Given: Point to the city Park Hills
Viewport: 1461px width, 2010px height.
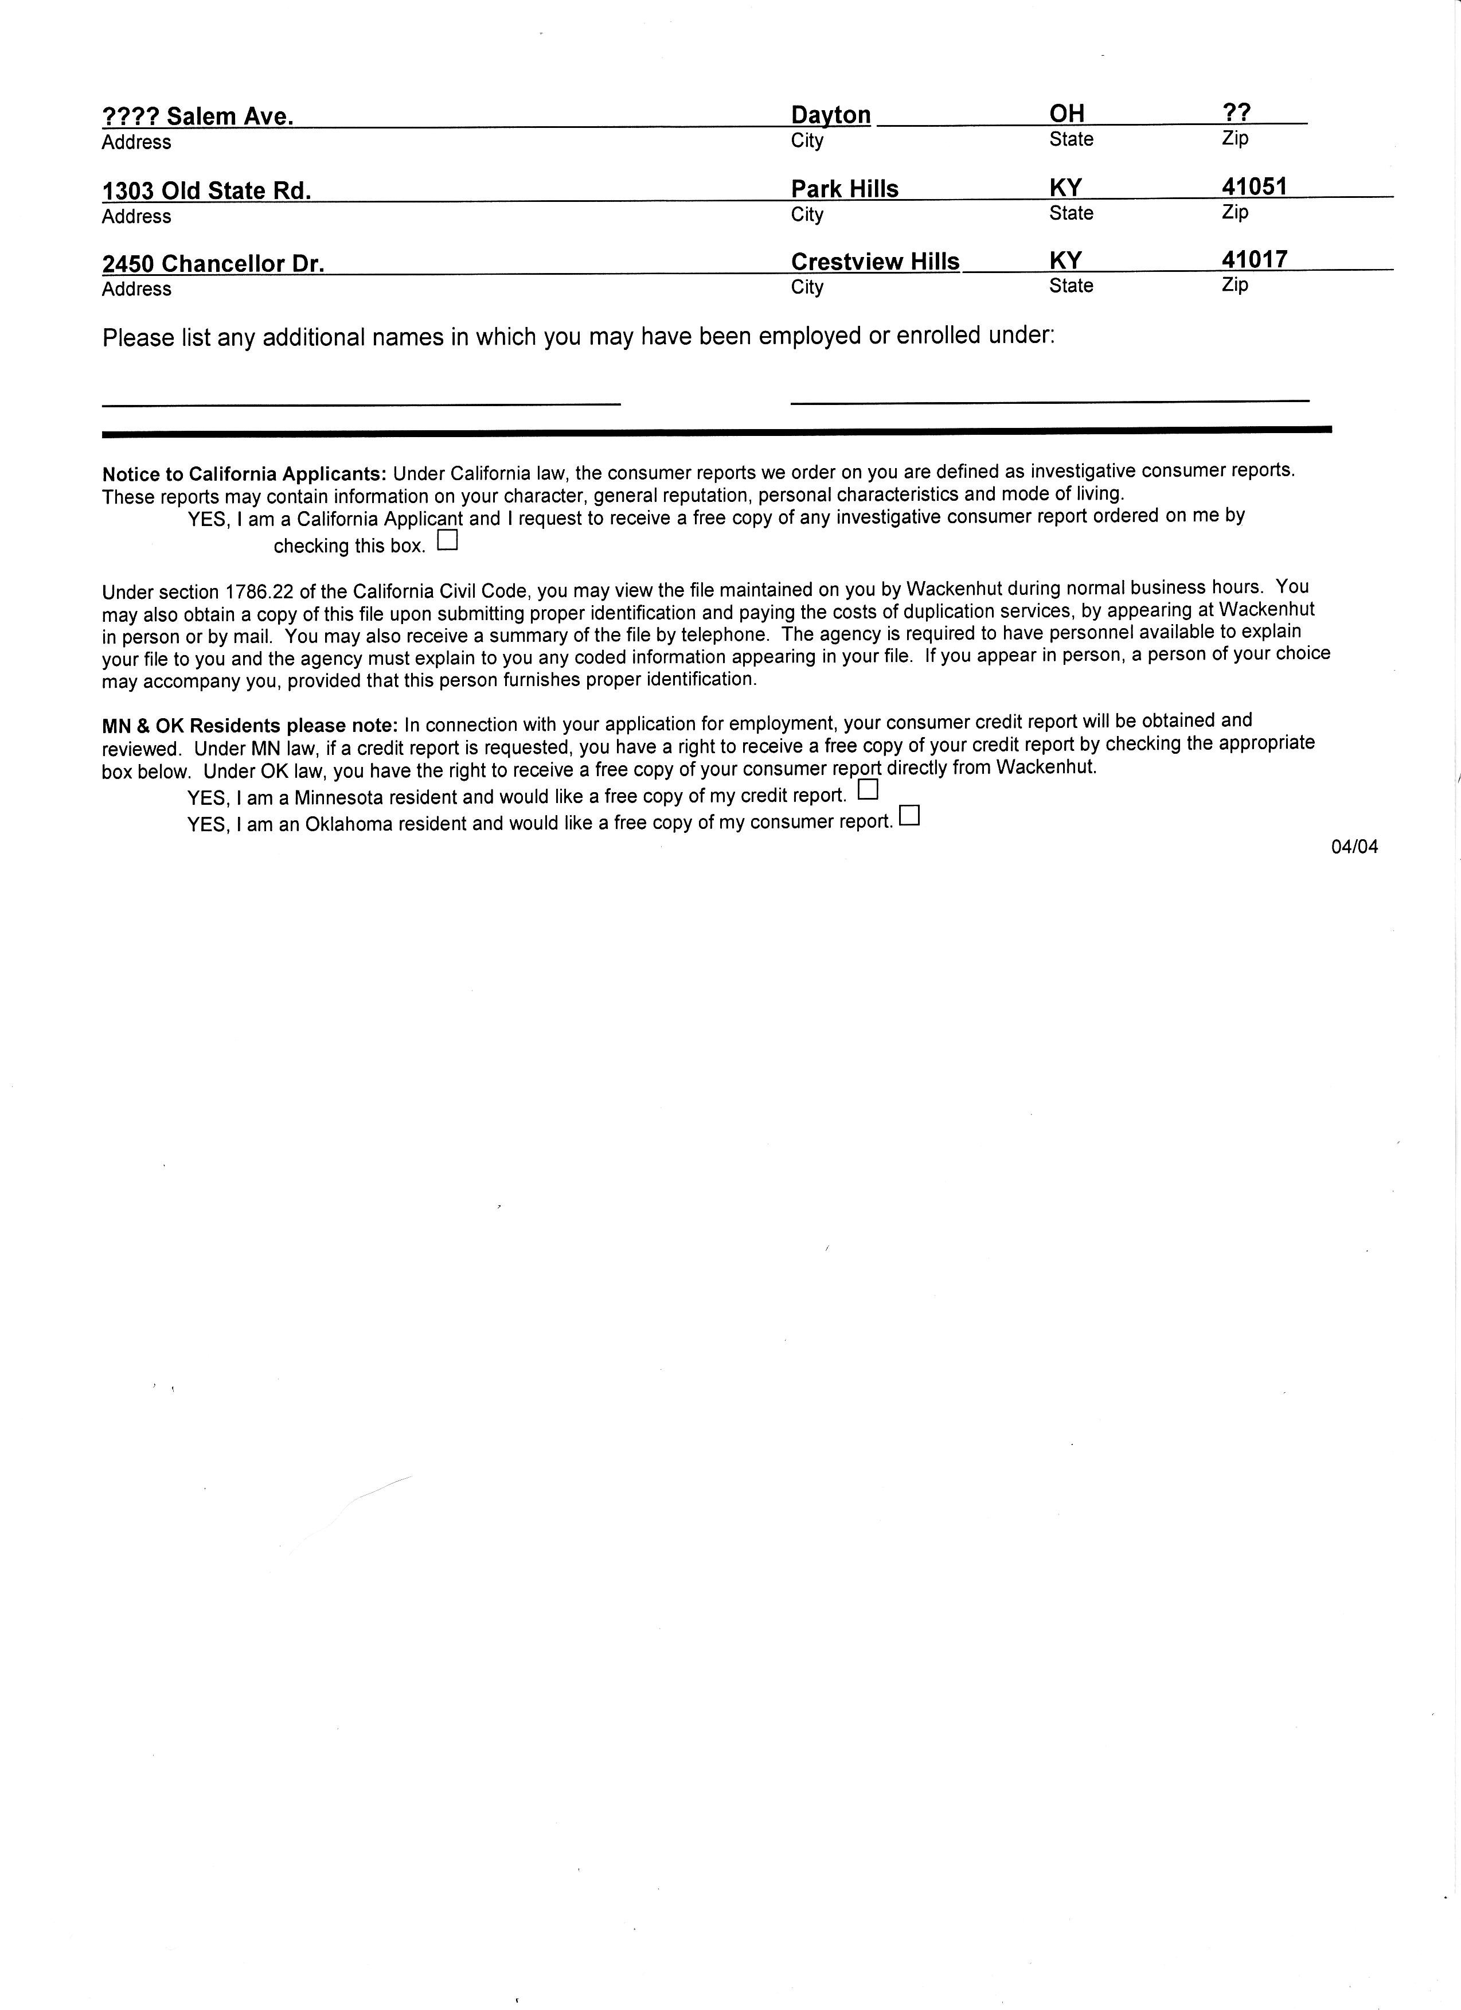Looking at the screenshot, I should [845, 189].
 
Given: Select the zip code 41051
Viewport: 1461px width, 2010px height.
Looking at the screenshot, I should [1253, 186].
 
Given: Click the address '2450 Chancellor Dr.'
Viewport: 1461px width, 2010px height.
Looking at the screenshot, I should [213, 264].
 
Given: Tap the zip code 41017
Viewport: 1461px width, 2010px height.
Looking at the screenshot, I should [1253, 259].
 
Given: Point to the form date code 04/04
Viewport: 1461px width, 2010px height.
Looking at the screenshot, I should [1354, 846].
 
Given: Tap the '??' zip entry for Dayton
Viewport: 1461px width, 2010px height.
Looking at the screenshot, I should [1236, 112].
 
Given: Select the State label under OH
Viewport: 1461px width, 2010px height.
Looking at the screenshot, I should [1071, 139].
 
